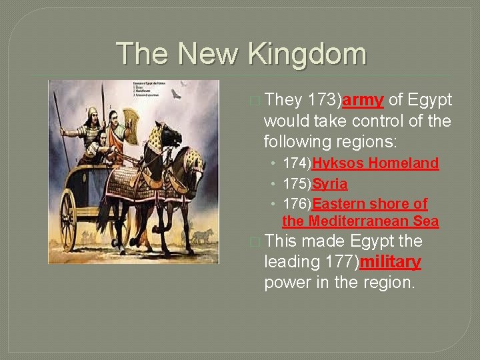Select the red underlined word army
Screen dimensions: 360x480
click(x=363, y=100)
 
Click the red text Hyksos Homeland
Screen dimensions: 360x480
click(x=375, y=163)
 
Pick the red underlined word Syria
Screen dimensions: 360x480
click(x=329, y=183)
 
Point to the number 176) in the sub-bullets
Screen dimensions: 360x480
click(x=297, y=203)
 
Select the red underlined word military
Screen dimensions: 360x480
click(x=390, y=261)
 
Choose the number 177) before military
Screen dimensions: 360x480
click(x=340, y=261)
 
